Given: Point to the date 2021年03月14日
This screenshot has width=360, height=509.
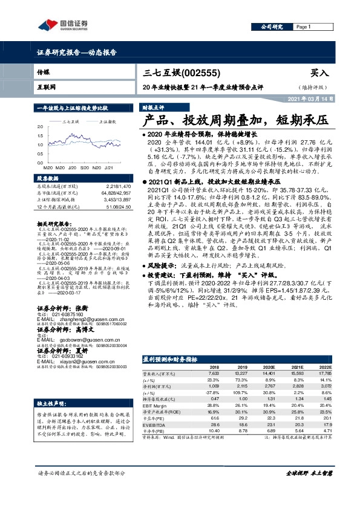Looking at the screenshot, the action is [x=309, y=99].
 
